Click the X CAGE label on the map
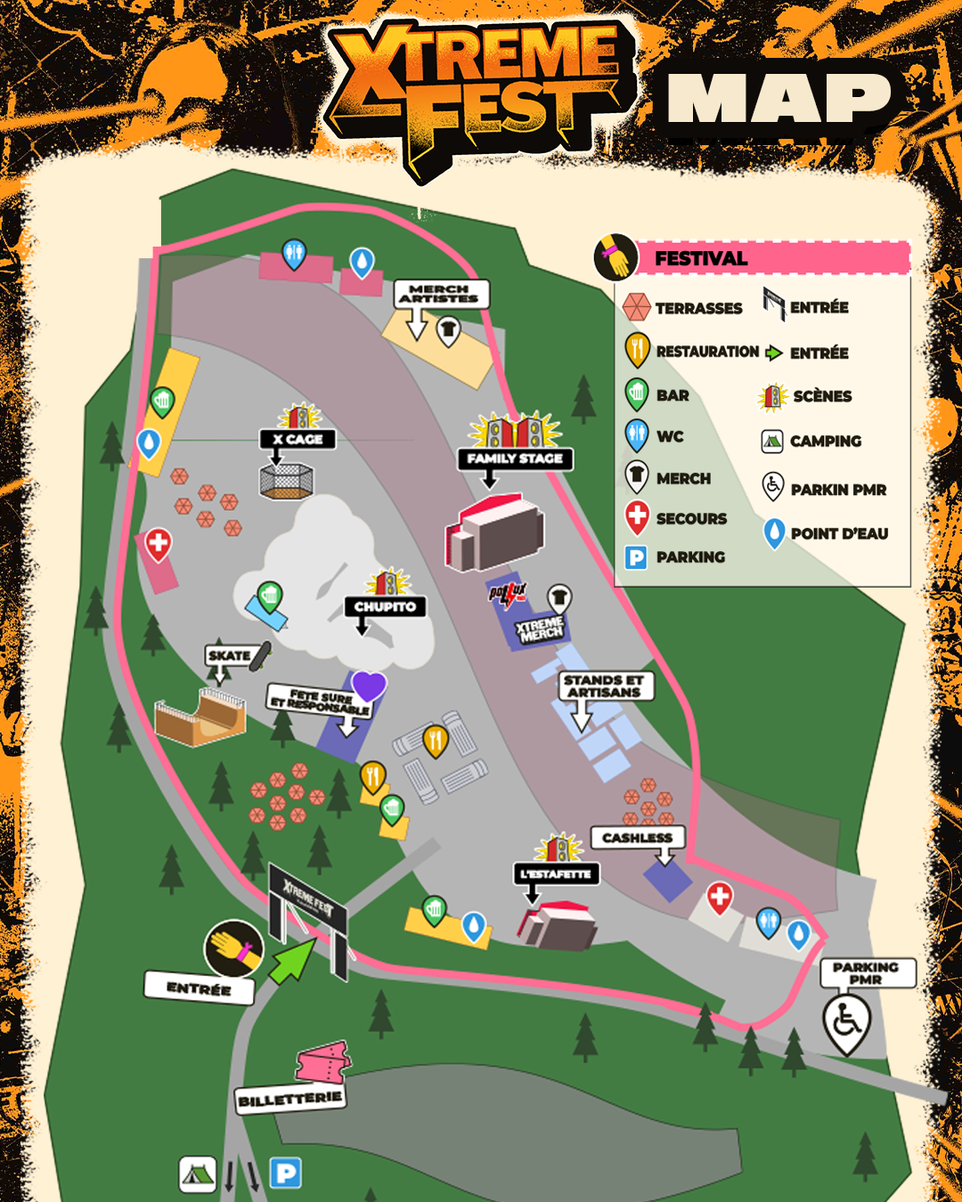pos(298,439)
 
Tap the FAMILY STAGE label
pos(515,459)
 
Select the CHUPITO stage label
pos(385,606)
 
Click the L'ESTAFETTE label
pos(556,874)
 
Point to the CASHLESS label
pos(637,838)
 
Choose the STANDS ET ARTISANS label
pos(604,686)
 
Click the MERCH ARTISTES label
pos(440,294)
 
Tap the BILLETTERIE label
pos(289,1099)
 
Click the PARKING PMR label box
pos(866,972)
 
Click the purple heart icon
pos(369,686)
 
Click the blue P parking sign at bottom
pos(286,1174)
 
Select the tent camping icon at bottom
pos(198,1174)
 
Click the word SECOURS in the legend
pos(691,518)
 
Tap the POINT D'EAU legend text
pos(839,533)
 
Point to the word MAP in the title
pos(779,98)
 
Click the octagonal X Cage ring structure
pos(286,481)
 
